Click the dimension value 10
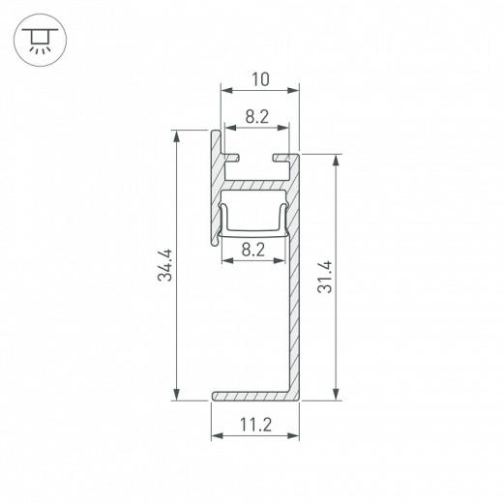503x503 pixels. pyautogui.click(x=259, y=77)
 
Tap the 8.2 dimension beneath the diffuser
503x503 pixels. pyautogui.click(x=254, y=249)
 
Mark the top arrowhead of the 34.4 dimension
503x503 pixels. pyautogui.click(x=176, y=137)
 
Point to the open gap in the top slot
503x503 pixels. pyautogui.click(x=254, y=156)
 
